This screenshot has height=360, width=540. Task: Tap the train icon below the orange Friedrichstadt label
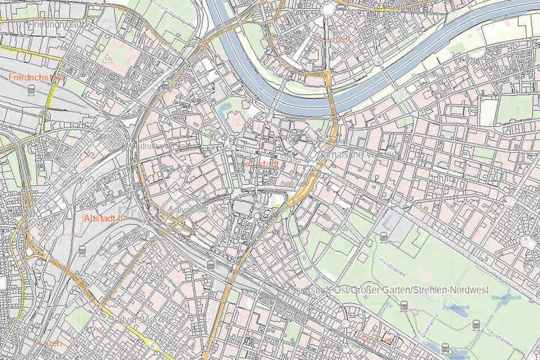click(31, 90)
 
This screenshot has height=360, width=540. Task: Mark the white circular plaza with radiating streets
click(329, 8)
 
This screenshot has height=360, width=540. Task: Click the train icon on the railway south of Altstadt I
click(211, 265)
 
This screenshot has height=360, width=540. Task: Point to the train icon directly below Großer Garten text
click(404, 306)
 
